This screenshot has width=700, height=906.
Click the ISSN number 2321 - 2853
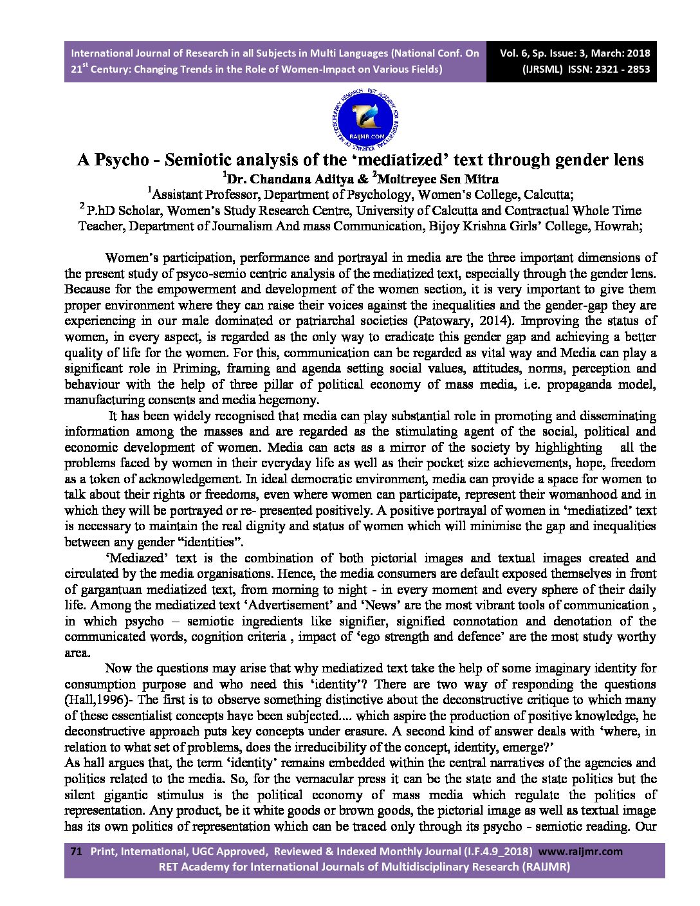(x=618, y=69)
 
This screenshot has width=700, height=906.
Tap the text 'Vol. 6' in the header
(x=515, y=53)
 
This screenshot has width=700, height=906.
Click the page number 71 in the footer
(x=76, y=851)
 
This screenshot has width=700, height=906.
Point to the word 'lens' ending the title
(x=625, y=160)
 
